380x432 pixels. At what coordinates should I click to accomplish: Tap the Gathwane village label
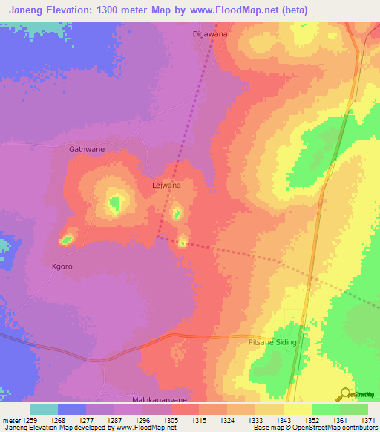pos(87,149)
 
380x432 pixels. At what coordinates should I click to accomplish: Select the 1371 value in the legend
pos(367,419)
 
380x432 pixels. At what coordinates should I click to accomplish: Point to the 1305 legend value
pos(170,419)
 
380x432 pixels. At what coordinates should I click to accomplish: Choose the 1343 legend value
pos(283,419)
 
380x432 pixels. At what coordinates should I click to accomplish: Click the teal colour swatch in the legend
pos(44,409)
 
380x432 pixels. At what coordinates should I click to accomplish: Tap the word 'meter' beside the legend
pos(10,419)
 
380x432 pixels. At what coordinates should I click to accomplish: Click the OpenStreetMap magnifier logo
pos(345,396)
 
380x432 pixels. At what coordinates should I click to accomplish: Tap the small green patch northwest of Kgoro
pos(67,239)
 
